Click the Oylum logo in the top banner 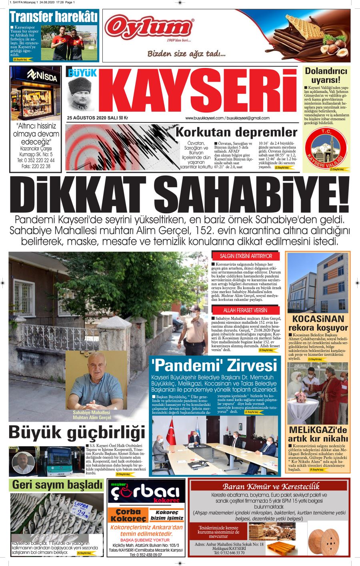[x=149, y=28]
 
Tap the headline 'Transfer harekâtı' [x=54, y=17]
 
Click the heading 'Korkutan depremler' [x=237, y=132]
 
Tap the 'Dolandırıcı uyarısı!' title [x=326, y=75]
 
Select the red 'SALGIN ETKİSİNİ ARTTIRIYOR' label [x=246, y=256]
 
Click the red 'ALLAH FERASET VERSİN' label [x=246, y=310]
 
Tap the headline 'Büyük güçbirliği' [x=76, y=433]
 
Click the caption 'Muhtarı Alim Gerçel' [x=92, y=417]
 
